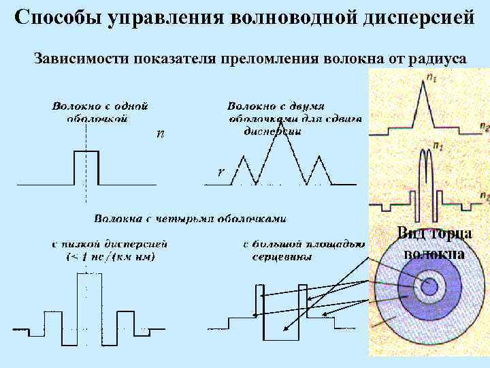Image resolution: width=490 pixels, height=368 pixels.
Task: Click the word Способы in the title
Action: (56, 18)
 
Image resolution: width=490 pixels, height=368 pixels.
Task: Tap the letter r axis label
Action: (220, 172)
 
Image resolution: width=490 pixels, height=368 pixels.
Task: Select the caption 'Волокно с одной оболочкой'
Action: (99, 112)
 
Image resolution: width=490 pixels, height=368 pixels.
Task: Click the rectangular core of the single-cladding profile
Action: (86, 168)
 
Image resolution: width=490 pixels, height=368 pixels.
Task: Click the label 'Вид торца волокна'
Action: (434, 243)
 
